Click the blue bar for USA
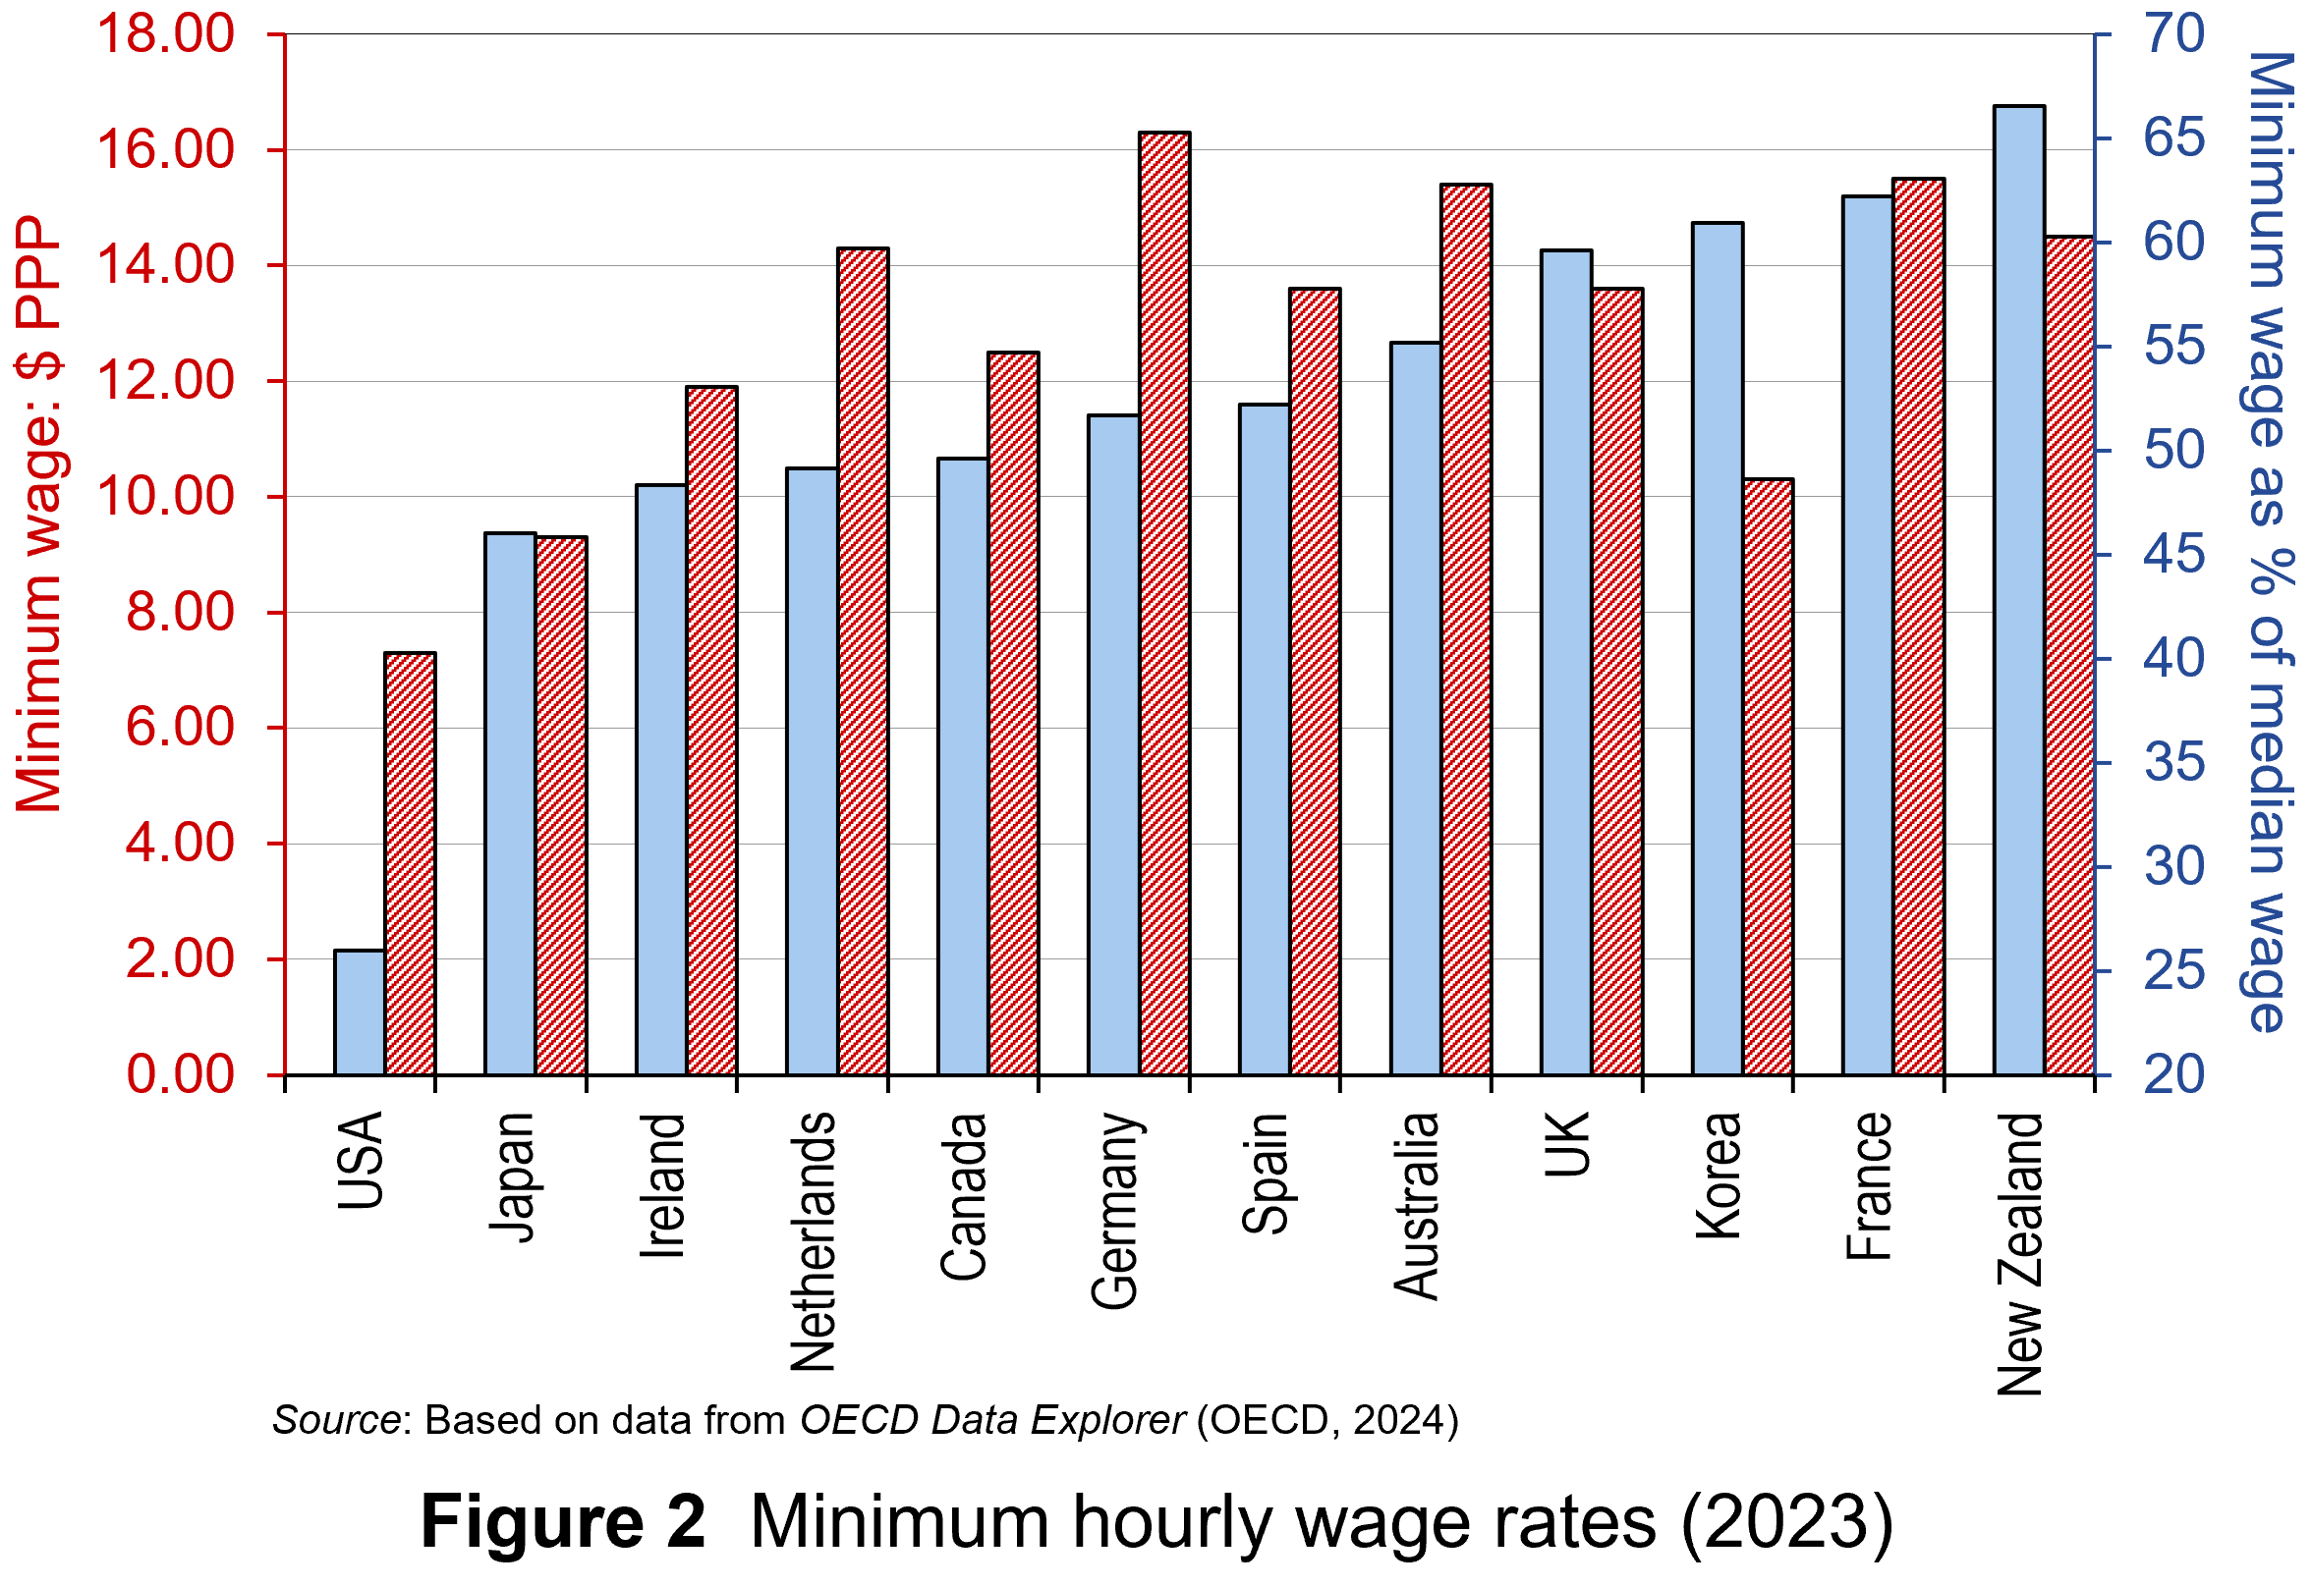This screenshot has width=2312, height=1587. [360, 1013]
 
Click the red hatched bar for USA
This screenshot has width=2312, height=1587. [410, 864]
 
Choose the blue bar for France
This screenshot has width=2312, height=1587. [1868, 636]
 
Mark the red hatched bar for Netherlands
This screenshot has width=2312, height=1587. [864, 662]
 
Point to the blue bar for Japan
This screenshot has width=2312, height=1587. [510, 804]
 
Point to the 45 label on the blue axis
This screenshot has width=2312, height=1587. [2173, 555]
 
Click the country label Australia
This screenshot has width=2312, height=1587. [1417, 1206]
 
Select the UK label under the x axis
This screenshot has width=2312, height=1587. [1568, 1144]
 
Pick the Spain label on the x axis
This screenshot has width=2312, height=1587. [1266, 1174]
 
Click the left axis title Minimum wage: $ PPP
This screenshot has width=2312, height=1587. [39, 514]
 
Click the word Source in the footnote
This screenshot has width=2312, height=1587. [336, 1420]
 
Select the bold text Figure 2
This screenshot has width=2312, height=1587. [563, 1522]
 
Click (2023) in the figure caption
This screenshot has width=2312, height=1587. [1786, 1522]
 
